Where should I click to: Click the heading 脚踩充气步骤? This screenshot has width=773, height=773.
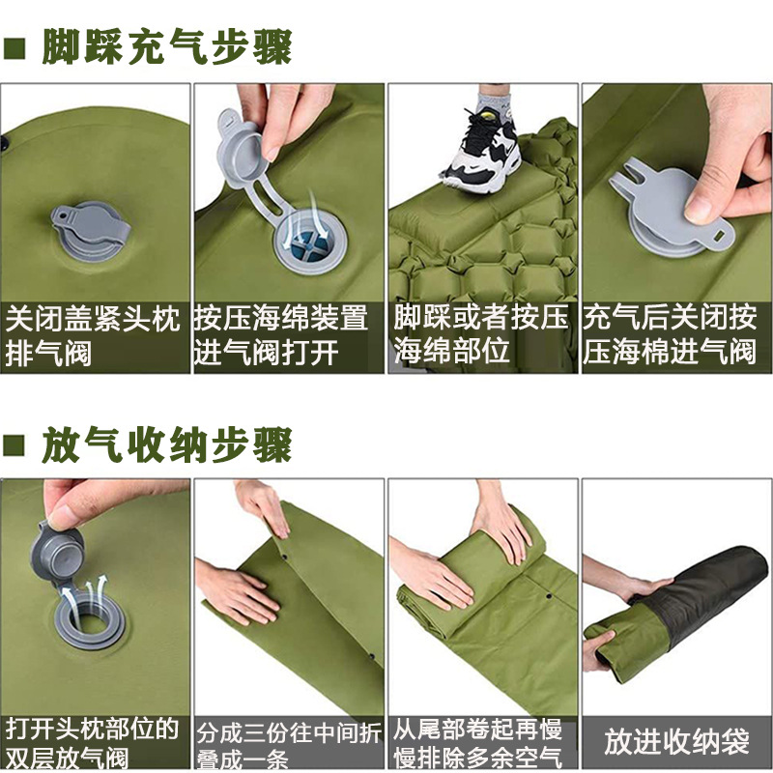click(167, 46)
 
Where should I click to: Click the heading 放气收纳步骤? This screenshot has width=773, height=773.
click(167, 445)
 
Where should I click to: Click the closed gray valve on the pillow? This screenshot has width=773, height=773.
click(91, 231)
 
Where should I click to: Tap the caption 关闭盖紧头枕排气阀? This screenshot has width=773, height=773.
click(93, 336)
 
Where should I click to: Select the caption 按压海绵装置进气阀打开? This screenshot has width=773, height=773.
click(281, 335)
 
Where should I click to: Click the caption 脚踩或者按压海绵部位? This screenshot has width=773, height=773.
click(481, 333)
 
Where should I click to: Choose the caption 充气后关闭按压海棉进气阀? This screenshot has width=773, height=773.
click(670, 334)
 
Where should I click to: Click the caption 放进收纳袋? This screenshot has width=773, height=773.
click(677, 741)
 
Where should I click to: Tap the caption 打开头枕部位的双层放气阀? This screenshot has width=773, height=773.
click(92, 743)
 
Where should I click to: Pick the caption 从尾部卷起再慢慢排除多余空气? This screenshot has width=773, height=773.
click(478, 743)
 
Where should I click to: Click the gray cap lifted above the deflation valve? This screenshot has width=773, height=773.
click(58, 553)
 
